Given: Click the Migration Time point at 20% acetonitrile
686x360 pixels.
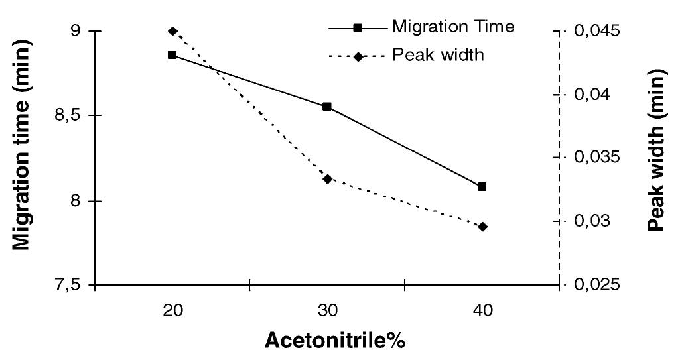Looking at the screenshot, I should (172, 55).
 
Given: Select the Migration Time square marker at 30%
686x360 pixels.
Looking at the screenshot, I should (327, 106).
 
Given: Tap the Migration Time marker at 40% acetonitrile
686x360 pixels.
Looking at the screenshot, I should (482, 187).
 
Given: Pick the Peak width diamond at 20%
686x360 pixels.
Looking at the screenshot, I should (172, 31).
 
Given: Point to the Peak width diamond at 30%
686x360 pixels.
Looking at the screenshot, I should (327, 178).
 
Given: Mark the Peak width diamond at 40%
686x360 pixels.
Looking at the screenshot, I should (482, 227).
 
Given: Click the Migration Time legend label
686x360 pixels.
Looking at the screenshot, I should (453, 27).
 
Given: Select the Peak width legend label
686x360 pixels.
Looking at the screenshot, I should (438, 54).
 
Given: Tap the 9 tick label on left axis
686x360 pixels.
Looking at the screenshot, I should (74, 32).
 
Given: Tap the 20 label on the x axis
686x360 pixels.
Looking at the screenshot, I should (172, 310).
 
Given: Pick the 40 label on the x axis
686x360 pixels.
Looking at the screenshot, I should (482, 310).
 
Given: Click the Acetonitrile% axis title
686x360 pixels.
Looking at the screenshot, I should (335, 341).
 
